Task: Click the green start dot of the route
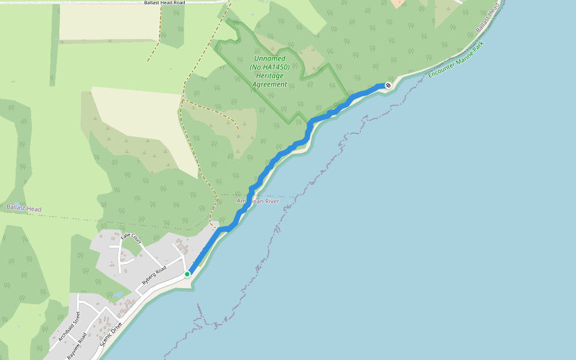187,274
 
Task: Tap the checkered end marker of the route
388,85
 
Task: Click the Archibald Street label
69,326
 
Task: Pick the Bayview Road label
77,346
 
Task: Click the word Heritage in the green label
270,76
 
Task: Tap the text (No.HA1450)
270,67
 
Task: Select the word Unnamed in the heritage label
270,59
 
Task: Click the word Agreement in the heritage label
270,84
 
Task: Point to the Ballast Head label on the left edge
24,208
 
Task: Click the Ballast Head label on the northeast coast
488,18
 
